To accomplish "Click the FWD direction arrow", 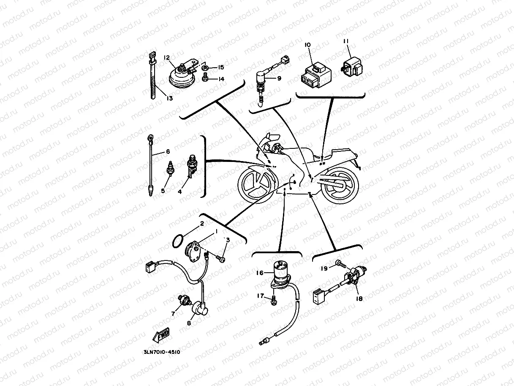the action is [161, 335].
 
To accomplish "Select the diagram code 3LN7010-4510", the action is [162, 352].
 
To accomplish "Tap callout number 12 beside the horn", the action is [167, 57].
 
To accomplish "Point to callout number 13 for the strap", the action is [169, 98].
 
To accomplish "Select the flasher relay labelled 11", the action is [352, 66].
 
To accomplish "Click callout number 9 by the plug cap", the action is [279, 78].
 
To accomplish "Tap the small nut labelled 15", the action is [204, 68].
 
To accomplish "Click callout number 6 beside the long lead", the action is [168, 152].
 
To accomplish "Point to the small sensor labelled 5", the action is [171, 168].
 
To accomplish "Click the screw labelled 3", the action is [220, 259].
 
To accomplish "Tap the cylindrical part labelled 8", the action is [200, 309].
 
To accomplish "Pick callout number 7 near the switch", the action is [173, 314].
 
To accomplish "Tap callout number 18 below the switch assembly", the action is [359, 298].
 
